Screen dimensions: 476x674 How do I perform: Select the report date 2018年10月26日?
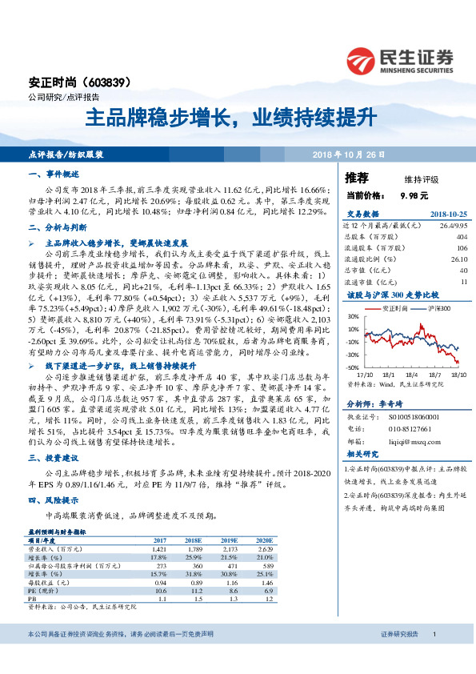tap(348, 153)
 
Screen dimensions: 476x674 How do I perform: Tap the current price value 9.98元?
tap(412, 195)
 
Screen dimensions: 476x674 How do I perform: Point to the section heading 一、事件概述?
tap(54, 174)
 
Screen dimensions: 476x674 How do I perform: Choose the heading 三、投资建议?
tap(54, 458)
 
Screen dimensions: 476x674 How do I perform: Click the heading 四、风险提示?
tap(54, 499)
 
